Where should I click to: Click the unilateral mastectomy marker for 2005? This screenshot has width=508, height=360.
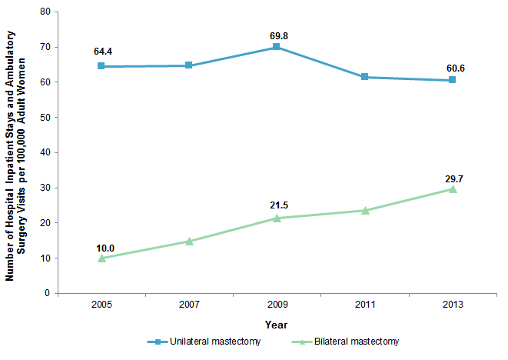tap(101, 66)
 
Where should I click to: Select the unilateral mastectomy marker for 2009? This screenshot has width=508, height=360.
tap(277, 47)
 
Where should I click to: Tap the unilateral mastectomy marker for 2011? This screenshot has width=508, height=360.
tap(365, 77)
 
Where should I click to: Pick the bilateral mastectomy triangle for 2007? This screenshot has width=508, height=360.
tap(189, 241)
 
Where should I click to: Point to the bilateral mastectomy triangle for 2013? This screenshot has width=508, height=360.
tap(453, 188)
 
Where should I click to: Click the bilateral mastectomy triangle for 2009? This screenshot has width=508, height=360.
tap(277, 218)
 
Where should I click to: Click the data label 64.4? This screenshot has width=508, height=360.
tap(101, 52)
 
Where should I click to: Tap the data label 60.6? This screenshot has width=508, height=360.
tap(454, 68)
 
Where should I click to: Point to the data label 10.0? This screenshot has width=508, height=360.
tap(105, 248)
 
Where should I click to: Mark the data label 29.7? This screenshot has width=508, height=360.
tap(454, 178)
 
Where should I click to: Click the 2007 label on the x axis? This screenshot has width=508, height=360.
tap(189, 305)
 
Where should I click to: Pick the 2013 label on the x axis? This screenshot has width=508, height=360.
tap(453, 305)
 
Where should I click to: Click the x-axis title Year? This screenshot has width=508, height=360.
tap(277, 325)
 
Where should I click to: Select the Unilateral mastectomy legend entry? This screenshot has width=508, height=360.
tap(212, 342)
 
